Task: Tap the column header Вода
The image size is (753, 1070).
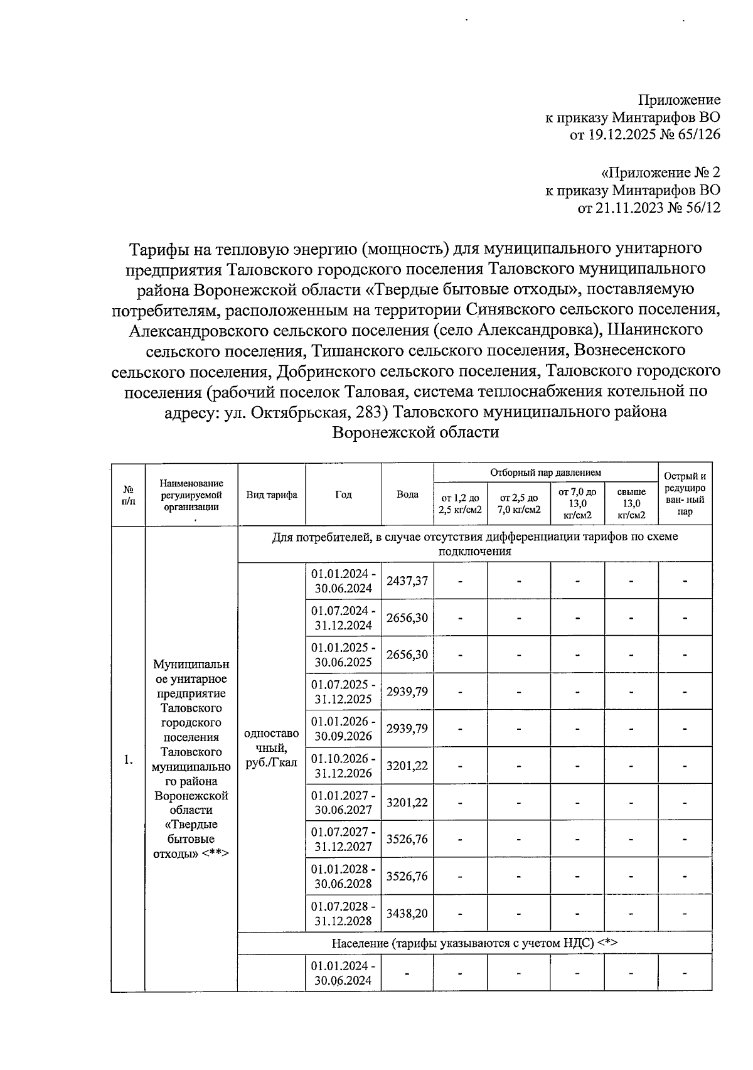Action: coord(407,495)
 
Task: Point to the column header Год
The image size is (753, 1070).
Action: coord(343,495)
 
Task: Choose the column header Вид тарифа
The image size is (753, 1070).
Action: coord(271,495)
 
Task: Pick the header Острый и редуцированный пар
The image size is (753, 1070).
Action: coord(685,494)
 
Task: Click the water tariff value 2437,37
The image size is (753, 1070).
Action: coord(407,580)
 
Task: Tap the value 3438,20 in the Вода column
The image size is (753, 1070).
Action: coord(407,913)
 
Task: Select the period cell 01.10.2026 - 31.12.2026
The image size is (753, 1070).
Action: coord(343,766)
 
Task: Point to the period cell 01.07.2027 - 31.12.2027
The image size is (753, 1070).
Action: coord(343,840)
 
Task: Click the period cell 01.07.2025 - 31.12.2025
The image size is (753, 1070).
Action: coord(343,692)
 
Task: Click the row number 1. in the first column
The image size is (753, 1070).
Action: coord(128,760)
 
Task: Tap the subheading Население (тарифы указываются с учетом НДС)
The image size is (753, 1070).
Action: coord(474,943)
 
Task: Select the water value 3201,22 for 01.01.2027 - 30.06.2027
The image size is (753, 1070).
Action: coord(407,803)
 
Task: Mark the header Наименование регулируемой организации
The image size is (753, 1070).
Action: coord(191,495)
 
